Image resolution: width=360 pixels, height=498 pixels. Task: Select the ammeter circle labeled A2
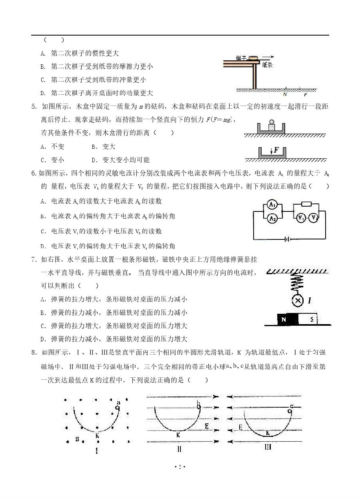272,218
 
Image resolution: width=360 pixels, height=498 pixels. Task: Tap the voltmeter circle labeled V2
314,217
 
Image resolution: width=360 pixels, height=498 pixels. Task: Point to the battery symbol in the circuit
286,239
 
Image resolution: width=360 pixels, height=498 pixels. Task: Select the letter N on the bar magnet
284,320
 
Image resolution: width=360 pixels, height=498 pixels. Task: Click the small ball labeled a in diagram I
117,408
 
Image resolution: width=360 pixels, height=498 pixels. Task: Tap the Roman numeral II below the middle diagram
179,449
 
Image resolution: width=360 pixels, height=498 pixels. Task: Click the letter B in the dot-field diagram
77,439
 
